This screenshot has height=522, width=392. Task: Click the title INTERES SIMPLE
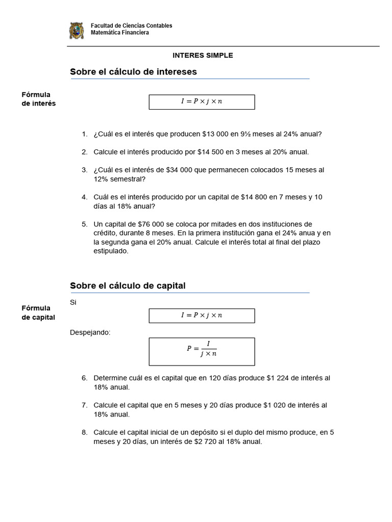tap(203, 56)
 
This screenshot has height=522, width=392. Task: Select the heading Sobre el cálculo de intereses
tap(133, 72)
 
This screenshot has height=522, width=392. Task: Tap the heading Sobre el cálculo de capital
tap(128, 286)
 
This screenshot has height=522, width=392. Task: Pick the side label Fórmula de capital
tap(38, 312)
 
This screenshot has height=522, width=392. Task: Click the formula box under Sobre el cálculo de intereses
tap(202, 102)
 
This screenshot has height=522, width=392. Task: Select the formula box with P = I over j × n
tap(202, 351)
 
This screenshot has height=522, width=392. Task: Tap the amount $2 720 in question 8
tap(210, 441)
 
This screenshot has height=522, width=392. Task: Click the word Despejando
tap(90, 333)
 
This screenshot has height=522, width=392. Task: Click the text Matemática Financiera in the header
tap(120, 33)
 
